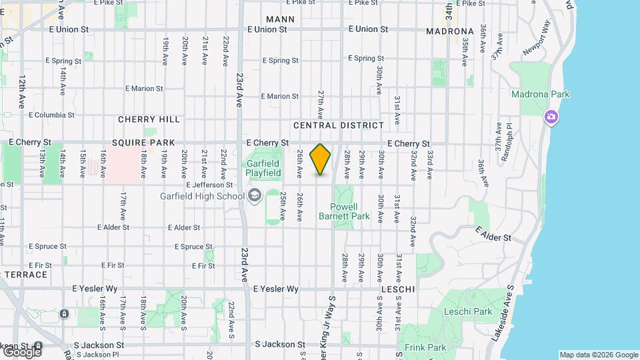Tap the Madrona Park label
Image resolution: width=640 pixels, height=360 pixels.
point(540,94)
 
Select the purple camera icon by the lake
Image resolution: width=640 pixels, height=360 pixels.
point(551,117)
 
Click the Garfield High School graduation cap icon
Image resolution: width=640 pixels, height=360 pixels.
point(254,195)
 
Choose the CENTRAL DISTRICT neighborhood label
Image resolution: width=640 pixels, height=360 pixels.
point(339,125)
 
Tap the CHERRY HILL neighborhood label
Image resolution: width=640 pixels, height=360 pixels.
point(149,119)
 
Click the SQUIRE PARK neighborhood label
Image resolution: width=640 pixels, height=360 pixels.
point(143,143)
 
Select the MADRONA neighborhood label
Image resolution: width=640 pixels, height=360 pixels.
point(449,31)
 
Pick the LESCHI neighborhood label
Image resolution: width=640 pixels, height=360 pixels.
point(399,289)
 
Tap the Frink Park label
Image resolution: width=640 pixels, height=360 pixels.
point(425,347)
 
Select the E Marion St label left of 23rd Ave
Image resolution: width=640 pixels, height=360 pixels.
point(138,88)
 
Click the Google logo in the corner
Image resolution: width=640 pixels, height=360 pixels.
point(22,351)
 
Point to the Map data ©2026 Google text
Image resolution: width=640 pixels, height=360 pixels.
point(598,355)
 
